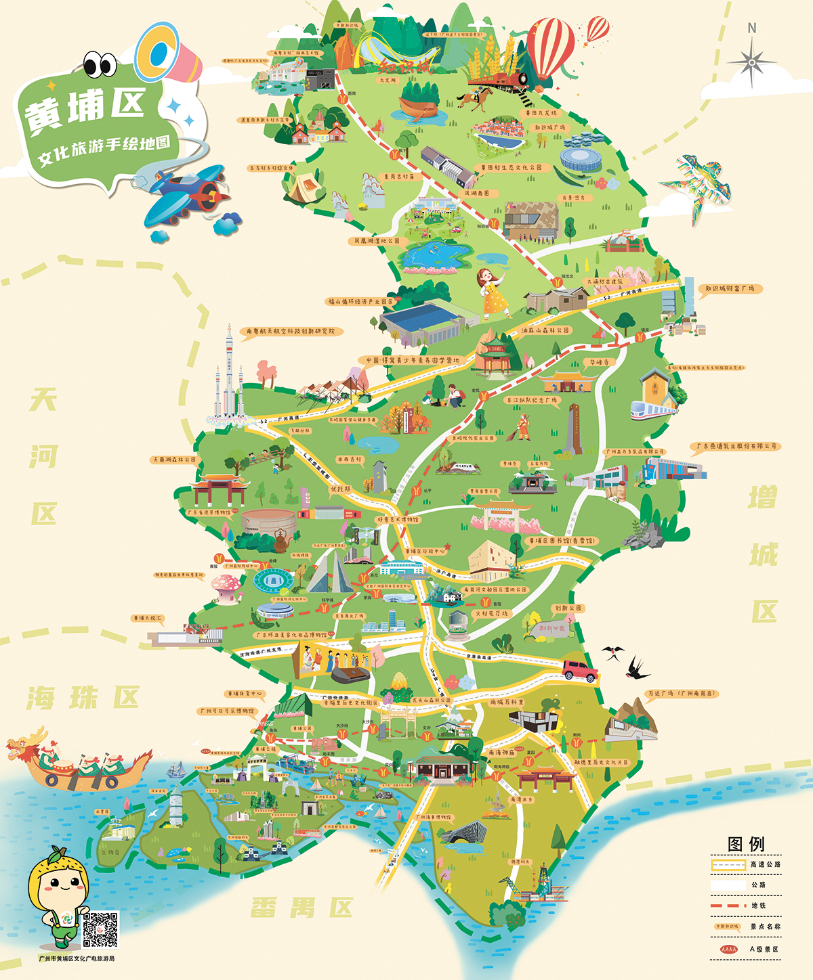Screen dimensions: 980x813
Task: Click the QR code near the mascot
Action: [x=100, y=930]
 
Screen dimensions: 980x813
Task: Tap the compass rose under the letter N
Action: [x=751, y=62]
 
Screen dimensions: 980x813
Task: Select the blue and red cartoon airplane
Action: [x=185, y=195]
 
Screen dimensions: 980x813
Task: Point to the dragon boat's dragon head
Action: [x=26, y=745]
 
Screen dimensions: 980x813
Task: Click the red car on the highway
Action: [x=580, y=670]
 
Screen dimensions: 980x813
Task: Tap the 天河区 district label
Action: [x=43, y=457]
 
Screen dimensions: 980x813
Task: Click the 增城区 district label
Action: [x=764, y=555]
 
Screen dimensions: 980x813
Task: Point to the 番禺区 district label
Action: [x=302, y=908]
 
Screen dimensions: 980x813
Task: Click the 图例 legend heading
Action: [x=746, y=844]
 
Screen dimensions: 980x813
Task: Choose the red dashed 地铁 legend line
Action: [x=728, y=906]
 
